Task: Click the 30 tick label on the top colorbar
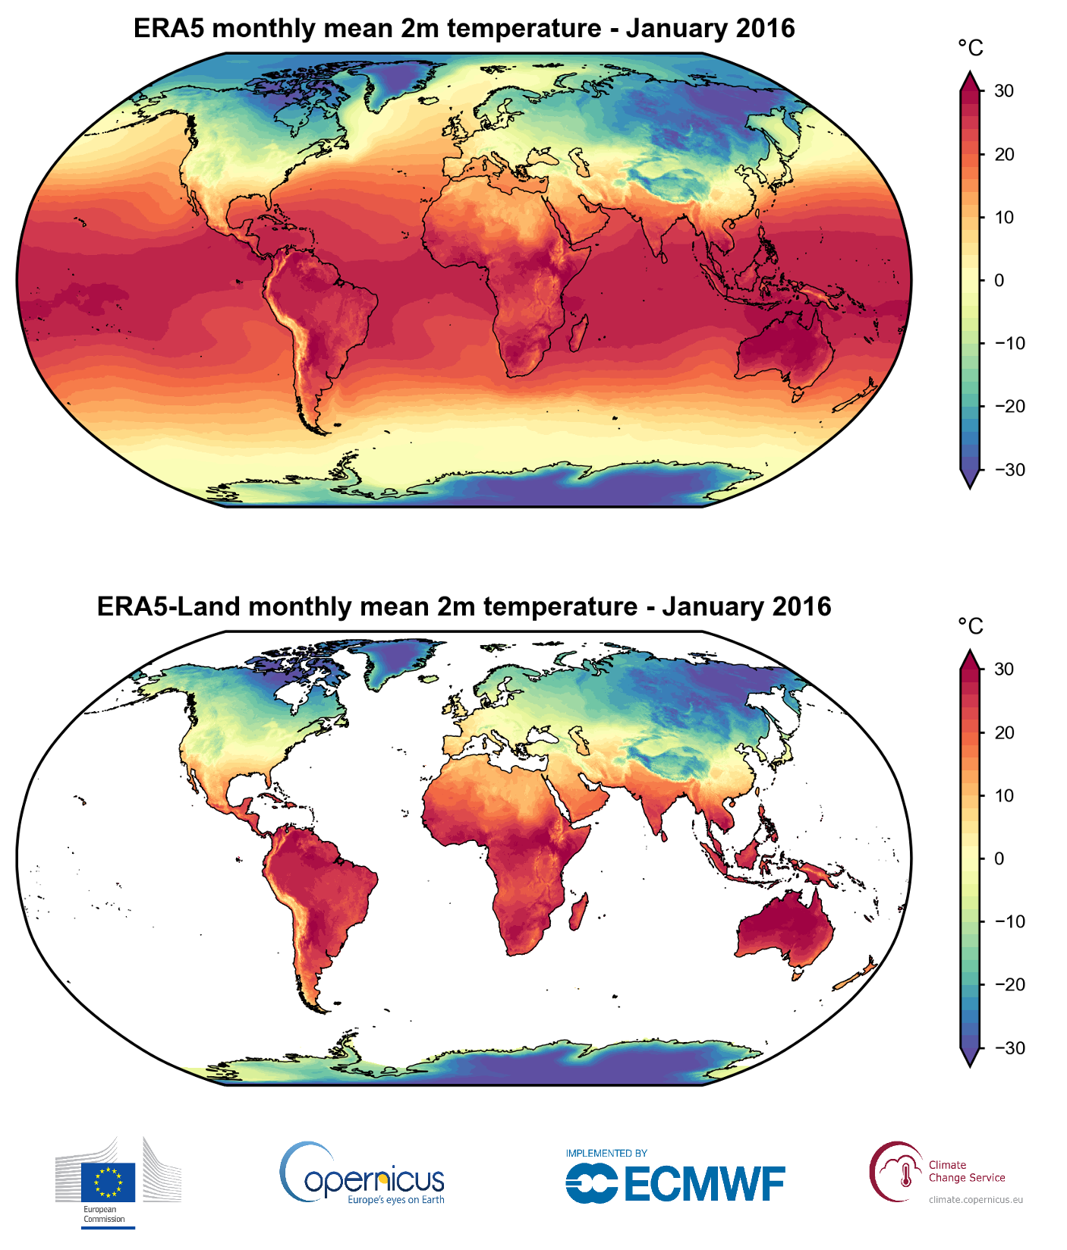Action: (x=1004, y=91)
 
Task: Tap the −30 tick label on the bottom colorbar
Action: (x=1009, y=1048)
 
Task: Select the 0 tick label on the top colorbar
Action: (x=999, y=280)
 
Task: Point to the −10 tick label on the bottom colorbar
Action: (x=1009, y=922)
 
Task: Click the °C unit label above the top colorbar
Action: (x=970, y=49)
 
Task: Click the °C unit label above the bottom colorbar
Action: (x=970, y=627)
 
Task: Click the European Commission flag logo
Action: (x=108, y=1182)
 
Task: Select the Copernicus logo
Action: (x=363, y=1176)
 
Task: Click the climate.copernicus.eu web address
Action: (x=975, y=1200)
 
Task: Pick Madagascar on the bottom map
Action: (x=578, y=911)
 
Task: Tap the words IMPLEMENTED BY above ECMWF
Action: (x=606, y=1153)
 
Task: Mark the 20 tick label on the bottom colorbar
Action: (x=1004, y=733)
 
